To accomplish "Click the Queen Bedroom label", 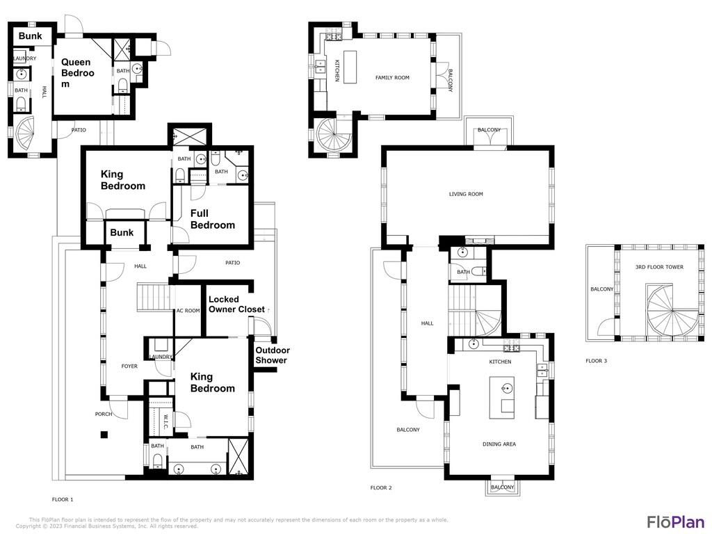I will (x=76, y=73).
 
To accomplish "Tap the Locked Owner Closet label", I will (x=236, y=305).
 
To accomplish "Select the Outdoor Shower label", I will (x=272, y=355).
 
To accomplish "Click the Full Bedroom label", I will (x=213, y=219).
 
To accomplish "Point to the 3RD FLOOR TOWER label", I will (x=659, y=267).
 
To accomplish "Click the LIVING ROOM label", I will (x=466, y=194).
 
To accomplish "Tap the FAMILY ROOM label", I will (x=392, y=78).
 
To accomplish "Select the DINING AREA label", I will (x=499, y=444).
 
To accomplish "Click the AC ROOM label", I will (x=188, y=311).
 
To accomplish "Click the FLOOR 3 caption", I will (x=596, y=361).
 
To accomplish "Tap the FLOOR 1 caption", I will (x=63, y=499).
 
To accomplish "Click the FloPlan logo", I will (x=676, y=521).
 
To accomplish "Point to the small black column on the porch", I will (x=104, y=435).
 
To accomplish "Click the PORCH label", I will (x=104, y=414).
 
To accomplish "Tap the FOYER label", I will (x=129, y=366).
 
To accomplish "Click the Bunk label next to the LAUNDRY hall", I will (x=30, y=35).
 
